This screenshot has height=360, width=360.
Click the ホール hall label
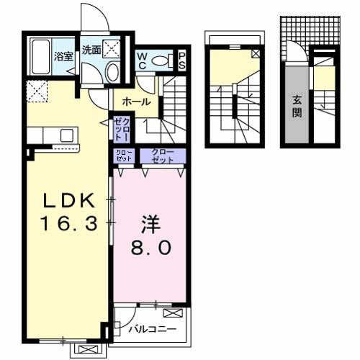[x=136, y=102]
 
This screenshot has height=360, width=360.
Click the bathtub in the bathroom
[x=40, y=58]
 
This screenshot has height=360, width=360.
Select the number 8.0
[x=150, y=248]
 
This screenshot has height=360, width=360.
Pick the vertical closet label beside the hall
[x=120, y=130]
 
